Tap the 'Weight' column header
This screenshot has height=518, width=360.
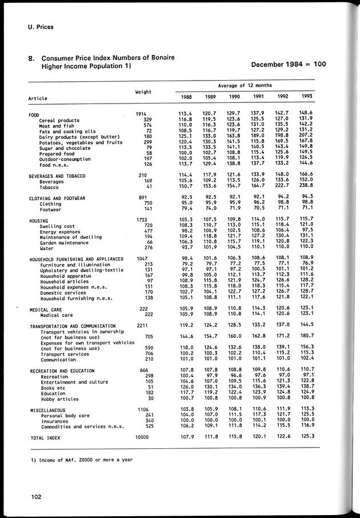point(143,91)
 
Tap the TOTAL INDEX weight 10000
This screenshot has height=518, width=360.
point(143,437)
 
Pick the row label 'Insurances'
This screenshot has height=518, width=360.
point(55,420)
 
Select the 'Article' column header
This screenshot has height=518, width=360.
point(38,98)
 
